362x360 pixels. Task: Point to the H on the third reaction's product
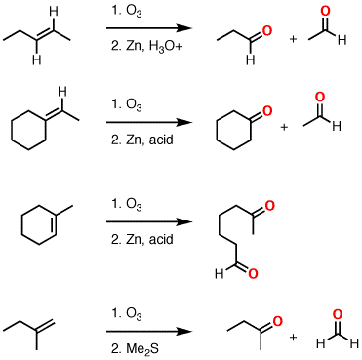click(219, 274)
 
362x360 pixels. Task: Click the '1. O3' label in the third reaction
click(125, 203)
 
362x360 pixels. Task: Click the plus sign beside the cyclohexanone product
click(284, 127)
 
